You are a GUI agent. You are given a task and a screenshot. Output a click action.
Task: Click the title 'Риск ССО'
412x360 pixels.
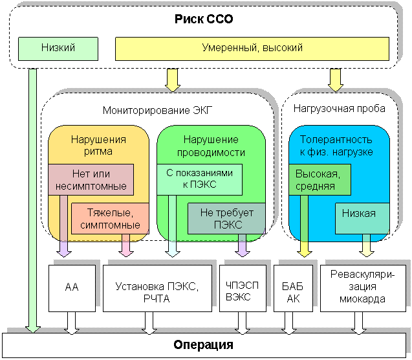click(x=204, y=19)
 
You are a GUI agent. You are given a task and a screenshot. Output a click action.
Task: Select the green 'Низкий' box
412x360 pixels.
click(x=58, y=49)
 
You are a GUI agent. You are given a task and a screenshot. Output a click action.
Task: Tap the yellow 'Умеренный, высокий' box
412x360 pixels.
click(x=252, y=49)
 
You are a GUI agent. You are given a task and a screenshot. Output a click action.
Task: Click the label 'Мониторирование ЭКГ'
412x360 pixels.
click(x=157, y=110)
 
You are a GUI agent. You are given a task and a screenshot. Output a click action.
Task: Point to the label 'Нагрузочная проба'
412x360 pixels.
click(x=339, y=108)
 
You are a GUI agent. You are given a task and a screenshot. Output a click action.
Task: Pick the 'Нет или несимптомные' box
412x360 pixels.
click(x=91, y=180)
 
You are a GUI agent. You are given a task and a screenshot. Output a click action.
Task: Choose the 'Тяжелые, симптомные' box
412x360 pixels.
click(x=110, y=218)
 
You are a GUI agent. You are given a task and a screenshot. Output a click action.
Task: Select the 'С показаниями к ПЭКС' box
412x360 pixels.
click(x=199, y=180)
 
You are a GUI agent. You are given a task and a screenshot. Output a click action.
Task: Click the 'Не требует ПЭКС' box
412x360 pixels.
click(x=226, y=218)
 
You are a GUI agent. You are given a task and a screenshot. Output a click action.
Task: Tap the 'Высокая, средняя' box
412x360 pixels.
click(x=320, y=180)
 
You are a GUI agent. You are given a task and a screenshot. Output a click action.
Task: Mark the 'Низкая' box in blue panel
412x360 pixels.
click(x=362, y=218)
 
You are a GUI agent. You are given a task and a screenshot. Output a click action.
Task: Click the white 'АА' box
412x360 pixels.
click(x=72, y=288)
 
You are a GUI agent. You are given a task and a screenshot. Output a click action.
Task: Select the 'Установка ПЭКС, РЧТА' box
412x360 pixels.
click(x=157, y=288)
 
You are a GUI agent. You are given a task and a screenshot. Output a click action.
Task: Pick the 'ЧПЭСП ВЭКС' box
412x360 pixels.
click(x=243, y=288)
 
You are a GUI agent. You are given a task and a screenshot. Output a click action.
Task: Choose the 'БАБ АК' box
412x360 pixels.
click(x=293, y=288)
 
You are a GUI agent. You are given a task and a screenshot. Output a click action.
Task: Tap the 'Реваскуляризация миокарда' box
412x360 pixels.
click(x=363, y=288)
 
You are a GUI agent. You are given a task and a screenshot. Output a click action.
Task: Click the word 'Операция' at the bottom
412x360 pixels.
click(x=203, y=344)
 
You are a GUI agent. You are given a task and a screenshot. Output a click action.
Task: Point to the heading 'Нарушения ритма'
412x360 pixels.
click(x=98, y=145)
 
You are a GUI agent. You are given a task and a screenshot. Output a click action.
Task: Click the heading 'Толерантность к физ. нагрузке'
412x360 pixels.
click(x=336, y=145)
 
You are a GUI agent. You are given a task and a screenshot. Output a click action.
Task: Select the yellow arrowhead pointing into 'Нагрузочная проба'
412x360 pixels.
click(x=336, y=88)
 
